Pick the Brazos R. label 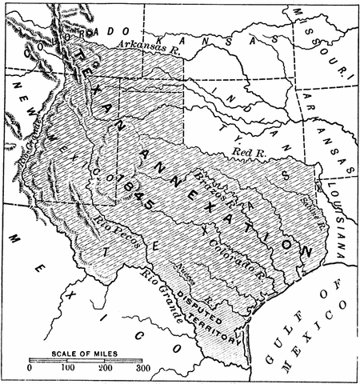coord(210,181)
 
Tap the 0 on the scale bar coord(30,369)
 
